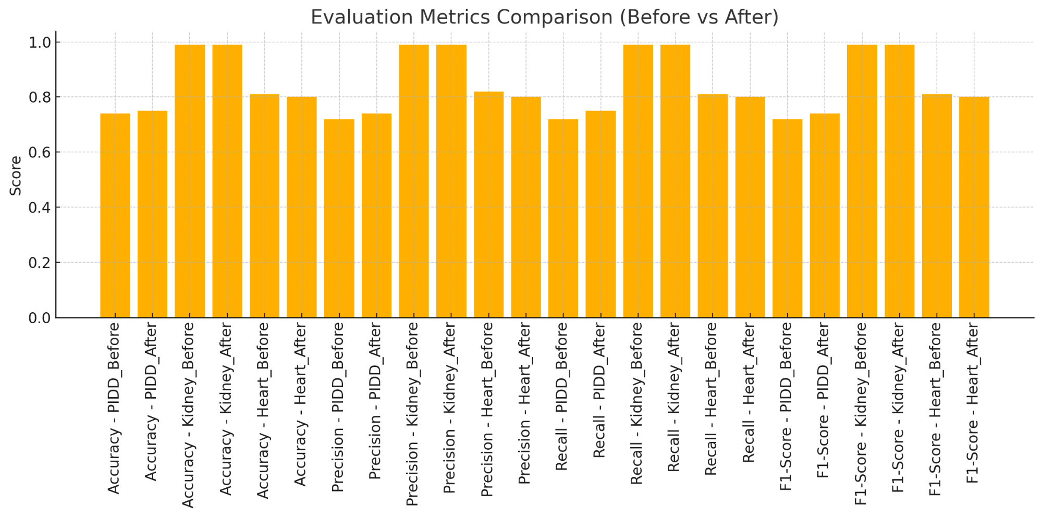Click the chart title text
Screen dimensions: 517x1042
click(x=544, y=17)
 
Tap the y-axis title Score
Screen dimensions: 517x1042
click(x=16, y=176)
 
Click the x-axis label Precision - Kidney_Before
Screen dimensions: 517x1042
click(x=413, y=414)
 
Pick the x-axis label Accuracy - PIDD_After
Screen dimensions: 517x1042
click(x=152, y=401)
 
